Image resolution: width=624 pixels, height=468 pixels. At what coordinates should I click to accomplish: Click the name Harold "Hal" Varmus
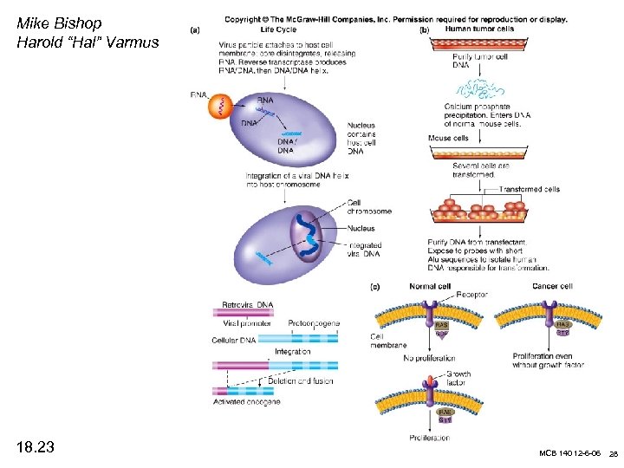(88, 42)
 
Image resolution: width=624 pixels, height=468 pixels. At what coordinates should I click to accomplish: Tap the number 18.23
(36, 447)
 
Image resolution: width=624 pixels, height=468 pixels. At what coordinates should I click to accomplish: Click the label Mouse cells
(448, 138)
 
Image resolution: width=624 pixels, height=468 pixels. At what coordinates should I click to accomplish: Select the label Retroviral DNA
(247, 305)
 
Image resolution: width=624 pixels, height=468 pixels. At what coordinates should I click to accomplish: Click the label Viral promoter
(236, 323)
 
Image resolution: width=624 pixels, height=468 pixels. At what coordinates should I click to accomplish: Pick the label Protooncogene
(314, 323)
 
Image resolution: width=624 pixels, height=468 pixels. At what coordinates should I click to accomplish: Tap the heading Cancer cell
(552, 286)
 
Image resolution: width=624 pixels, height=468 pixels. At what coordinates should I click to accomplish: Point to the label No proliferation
(430, 357)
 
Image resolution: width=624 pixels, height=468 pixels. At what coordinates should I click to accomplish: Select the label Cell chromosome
(369, 206)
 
